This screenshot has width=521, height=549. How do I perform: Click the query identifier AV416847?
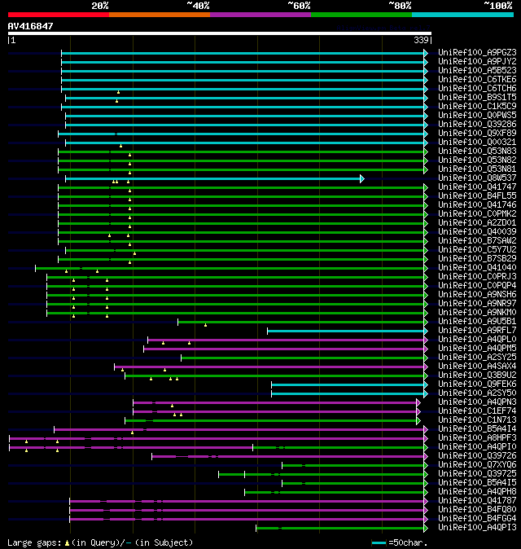31,26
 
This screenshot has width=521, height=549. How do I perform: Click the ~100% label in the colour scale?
497,5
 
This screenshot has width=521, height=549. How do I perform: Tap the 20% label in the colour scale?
99,5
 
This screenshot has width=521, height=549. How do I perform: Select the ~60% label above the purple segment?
299,5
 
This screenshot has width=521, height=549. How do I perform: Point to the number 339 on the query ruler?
422,39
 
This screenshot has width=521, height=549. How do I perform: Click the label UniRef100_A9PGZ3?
477,52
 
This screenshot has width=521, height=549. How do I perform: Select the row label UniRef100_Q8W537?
477,178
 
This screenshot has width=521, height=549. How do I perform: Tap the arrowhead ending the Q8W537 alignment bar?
361,178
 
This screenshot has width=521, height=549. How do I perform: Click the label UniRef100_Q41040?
477,267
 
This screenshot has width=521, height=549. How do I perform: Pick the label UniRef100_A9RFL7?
477,330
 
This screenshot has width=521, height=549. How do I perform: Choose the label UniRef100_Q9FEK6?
477,384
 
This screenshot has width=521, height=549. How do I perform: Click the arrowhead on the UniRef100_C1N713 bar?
418,420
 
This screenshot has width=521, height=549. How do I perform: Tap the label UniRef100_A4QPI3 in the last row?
477,527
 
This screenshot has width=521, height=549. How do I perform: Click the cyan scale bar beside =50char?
379,542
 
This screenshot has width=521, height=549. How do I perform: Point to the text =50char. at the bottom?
405,542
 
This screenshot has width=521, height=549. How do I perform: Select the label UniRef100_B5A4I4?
477,428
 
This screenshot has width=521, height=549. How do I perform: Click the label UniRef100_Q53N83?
477,151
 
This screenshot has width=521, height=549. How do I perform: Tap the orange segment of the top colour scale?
159,14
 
